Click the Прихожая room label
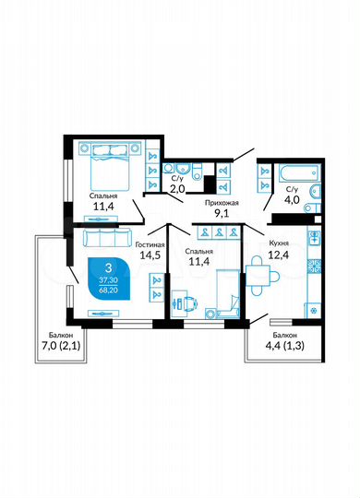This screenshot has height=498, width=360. click(224, 202)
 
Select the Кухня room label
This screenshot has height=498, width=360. click(281, 243)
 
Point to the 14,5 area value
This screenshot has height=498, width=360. click(149, 259)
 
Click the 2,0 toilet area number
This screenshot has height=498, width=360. click(178, 190)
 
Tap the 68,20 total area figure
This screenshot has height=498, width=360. click(109, 290)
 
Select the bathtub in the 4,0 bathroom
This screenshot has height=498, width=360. click(285, 172)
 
